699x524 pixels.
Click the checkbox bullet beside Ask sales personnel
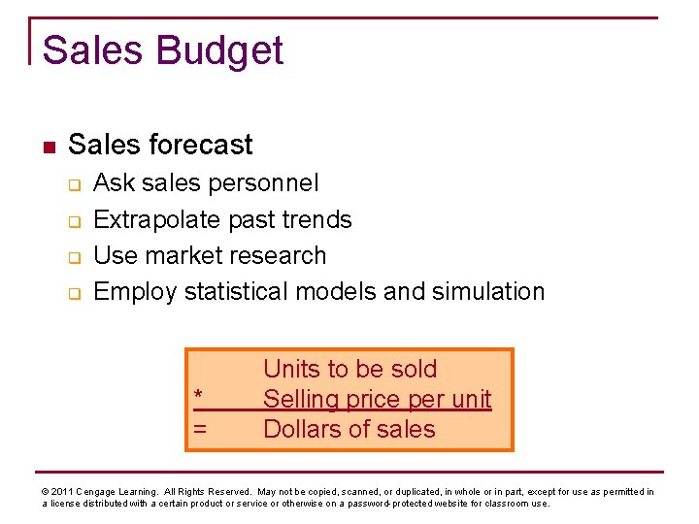pos(73,184)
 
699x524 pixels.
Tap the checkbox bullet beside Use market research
pos(73,257)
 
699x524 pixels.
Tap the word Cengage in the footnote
pos(100,492)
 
